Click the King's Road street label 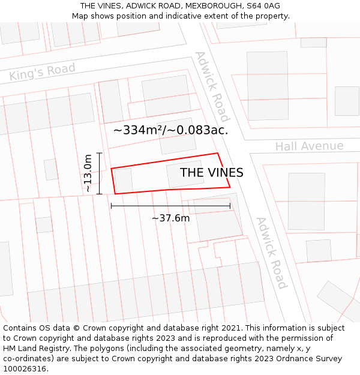[x=42, y=72]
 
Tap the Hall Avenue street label [x=309, y=146]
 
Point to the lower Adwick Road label [x=271, y=252]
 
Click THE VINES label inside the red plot [x=211, y=173]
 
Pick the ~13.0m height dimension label [x=88, y=173]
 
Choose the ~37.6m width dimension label [x=170, y=218]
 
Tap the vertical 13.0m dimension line [x=100, y=173]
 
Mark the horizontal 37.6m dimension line [x=170, y=206]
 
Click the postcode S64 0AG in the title [x=259, y=6]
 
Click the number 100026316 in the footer [x=25, y=368]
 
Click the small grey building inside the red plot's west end [x=124, y=180]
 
